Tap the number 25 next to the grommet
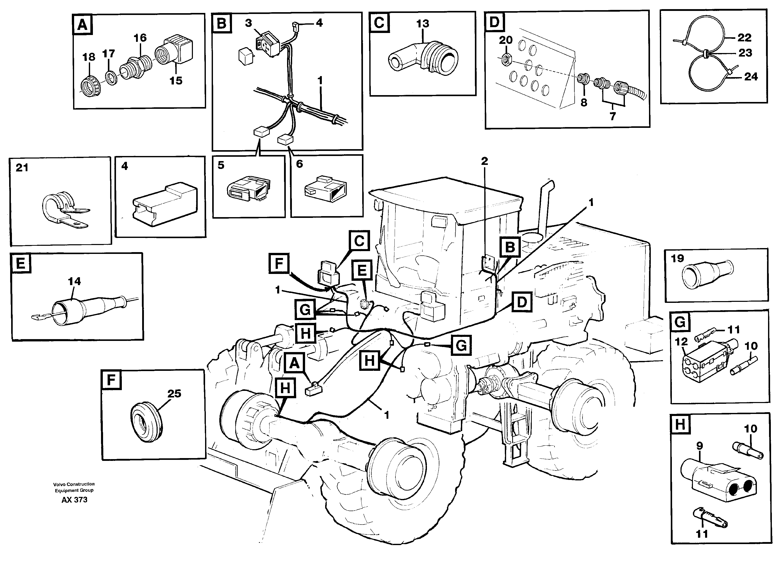pyautogui.click(x=174, y=393)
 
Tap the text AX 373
pyautogui.click(x=74, y=500)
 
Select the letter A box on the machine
pyautogui.click(x=294, y=363)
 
